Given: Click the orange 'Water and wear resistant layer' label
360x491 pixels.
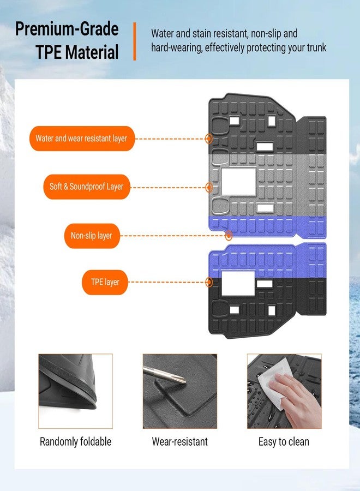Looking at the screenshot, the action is tap(82, 139).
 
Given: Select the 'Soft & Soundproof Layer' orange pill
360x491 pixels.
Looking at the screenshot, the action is tap(86, 187).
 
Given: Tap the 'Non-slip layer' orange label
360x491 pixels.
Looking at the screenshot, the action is tap(92, 236).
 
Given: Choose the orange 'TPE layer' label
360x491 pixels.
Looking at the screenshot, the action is tap(105, 282).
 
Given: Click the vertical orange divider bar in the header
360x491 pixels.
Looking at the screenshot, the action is tap(135, 41).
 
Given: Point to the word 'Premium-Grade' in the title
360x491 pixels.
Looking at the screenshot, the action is tap(67, 29).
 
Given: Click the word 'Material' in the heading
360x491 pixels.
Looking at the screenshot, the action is tap(93, 52).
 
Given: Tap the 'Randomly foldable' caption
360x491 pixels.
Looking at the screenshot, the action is tap(75, 441).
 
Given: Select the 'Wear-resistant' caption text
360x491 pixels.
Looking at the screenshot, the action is tap(179, 441).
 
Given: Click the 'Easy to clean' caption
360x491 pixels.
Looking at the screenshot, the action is tap(284, 441).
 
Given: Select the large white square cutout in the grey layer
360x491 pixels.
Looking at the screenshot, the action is tap(238, 181).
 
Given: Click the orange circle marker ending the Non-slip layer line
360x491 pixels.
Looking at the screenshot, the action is tap(229, 236).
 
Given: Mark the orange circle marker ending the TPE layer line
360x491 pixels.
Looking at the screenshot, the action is tap(209, 282).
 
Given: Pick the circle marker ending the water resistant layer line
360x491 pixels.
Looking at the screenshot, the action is tap(209, 139).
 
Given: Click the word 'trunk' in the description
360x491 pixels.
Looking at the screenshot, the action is tap(316, 47).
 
